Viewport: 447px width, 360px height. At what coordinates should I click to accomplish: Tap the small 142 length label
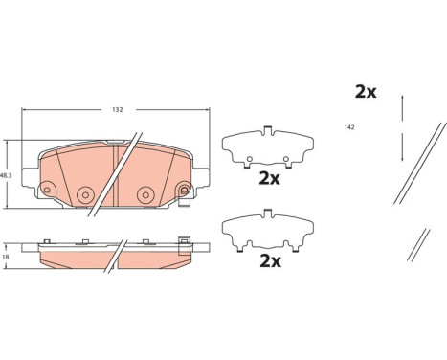click(x=351, y=127)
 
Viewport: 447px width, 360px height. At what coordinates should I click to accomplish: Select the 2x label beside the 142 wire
click(x=366, y=92)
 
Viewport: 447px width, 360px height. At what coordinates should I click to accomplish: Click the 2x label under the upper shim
click(x=268, y=178)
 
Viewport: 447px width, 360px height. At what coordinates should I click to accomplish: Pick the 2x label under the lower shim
click(x=268, y=259)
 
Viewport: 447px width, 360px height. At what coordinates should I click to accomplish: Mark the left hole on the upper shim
click(x=249, y=158)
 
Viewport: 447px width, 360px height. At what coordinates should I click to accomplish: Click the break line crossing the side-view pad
click(x=117, y=257)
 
